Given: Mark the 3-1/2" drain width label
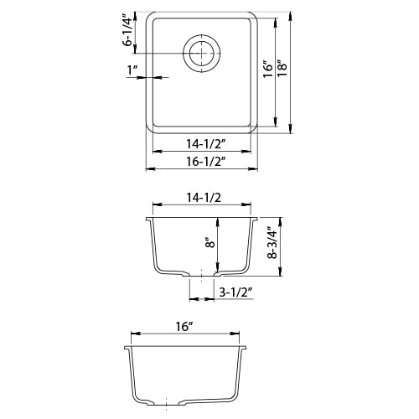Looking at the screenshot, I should click(236, 292).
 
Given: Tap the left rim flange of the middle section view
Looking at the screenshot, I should click(149, 220).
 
